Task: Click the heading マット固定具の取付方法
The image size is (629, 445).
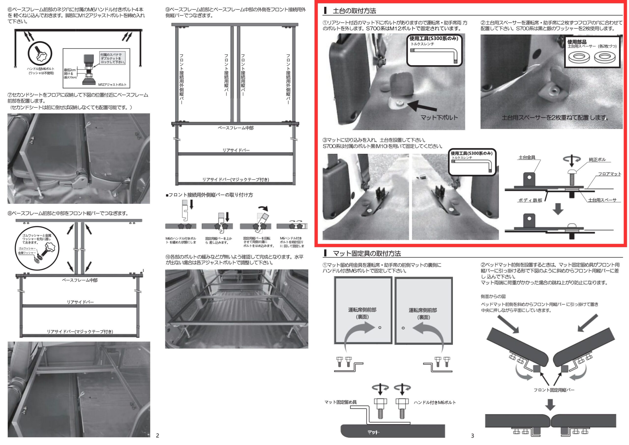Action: (367, 254)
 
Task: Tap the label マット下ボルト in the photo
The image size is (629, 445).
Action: (439, 117)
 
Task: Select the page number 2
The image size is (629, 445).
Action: (157, 435)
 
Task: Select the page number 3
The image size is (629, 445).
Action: (472, 436)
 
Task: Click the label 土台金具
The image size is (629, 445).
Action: (527, 158)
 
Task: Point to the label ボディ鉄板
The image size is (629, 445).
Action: (530, 200)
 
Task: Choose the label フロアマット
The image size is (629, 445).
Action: (610, 174)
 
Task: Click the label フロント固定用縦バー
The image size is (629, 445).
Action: (554, 390)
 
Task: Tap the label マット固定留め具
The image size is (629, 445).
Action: (341, 402)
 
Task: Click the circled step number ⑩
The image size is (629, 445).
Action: (168, 257)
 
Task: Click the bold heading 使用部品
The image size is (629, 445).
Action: (577, 42)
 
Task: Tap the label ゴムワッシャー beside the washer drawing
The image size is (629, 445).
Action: (27, 248)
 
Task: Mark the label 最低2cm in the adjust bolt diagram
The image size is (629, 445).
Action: (70, 70)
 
